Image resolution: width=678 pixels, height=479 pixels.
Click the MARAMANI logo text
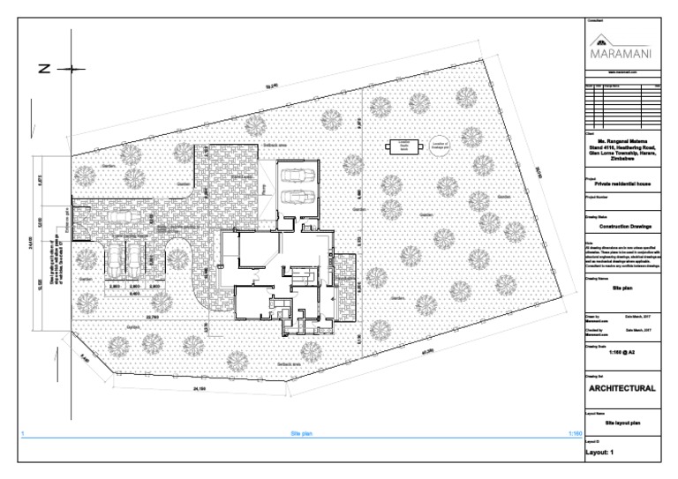(621, 52)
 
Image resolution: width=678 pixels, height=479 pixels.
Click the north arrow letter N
(41, 69)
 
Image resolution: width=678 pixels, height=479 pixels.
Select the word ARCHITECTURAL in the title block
(621, 388)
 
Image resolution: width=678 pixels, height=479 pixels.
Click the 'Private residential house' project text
(621, 183)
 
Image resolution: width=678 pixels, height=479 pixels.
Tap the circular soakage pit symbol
(440, 146)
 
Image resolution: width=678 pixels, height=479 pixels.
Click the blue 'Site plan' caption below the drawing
(302, 434)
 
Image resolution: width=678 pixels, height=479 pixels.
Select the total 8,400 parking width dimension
(134, 294)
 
